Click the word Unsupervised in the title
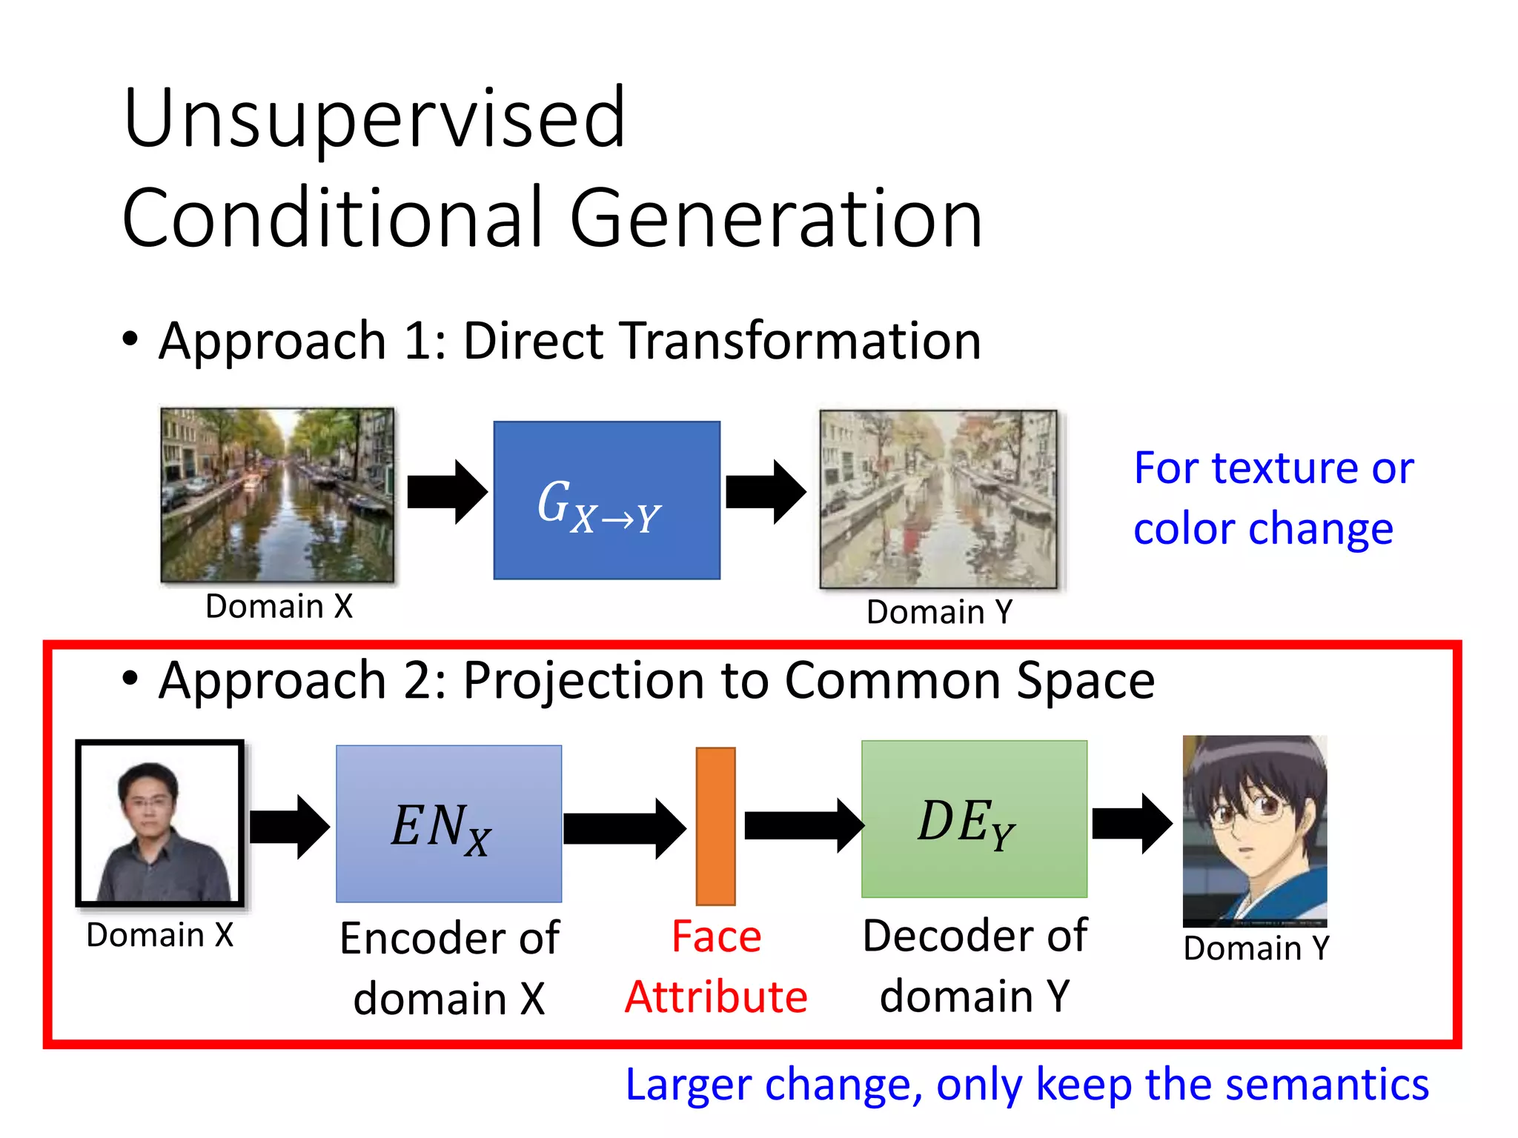(374, 119)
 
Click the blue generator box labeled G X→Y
(606, 500)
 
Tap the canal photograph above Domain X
(277, 494)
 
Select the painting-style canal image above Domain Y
(938, 499)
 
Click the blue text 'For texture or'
(1273, 468)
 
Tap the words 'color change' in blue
(1263, 529)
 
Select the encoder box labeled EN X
(448, 824)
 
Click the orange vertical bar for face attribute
(715, 825)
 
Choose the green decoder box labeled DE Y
(974, 819)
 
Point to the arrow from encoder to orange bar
(624, 828)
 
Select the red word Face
(716, 936)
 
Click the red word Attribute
(716, 997)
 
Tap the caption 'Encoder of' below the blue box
(448, 938)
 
